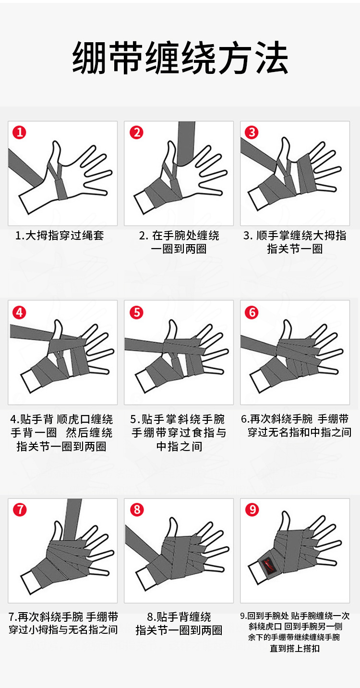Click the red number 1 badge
click(19, 133)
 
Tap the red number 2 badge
click(136, 133)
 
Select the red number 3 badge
click(252, 133)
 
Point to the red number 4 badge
click(19, 313)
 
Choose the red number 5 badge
click(136, 313)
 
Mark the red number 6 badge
click(252, 313)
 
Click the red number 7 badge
click(20, 510)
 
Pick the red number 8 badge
click(137, 510)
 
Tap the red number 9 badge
click(252, 510)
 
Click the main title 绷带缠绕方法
click(180, 58)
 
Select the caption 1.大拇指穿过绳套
click(60, 236)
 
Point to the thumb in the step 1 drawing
click(55, 154)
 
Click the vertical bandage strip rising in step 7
click(73, 519)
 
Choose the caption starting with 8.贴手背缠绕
click(179, 624)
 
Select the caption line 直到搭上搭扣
click(295, 648)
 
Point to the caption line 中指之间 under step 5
click(180, 446)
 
